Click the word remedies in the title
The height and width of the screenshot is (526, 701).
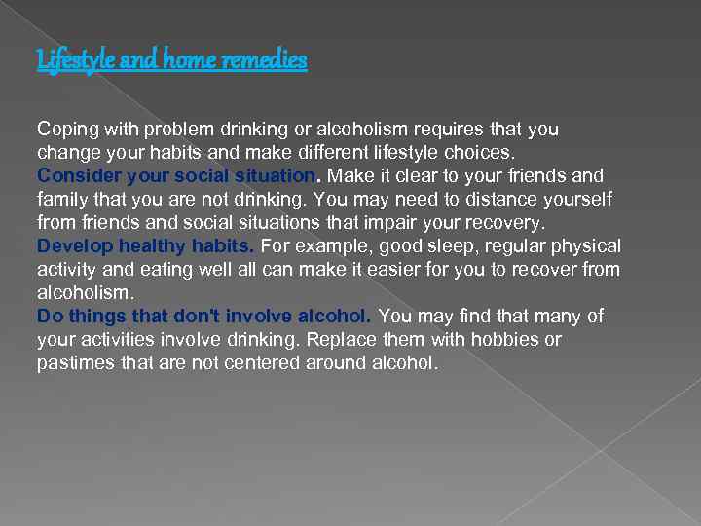pyautogui.click(x=265, y=60)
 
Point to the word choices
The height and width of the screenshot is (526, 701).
pyautogui.click(x=485, y=153)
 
